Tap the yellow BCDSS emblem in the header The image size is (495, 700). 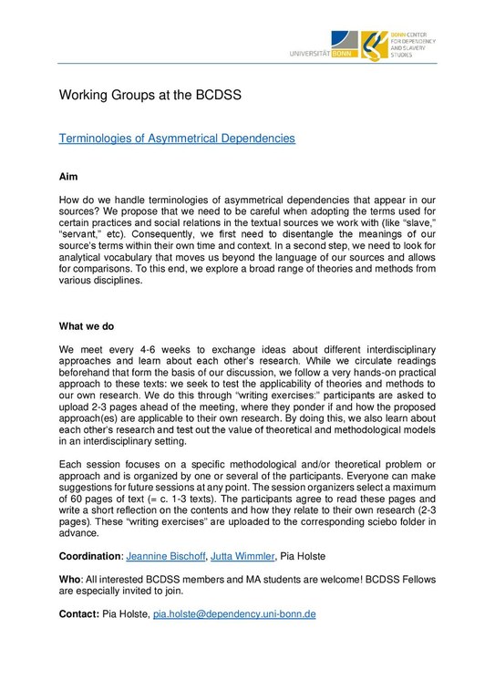coord(373,44)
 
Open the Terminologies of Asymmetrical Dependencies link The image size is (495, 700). coord(177,139)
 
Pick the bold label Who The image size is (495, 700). coord(69,578)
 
